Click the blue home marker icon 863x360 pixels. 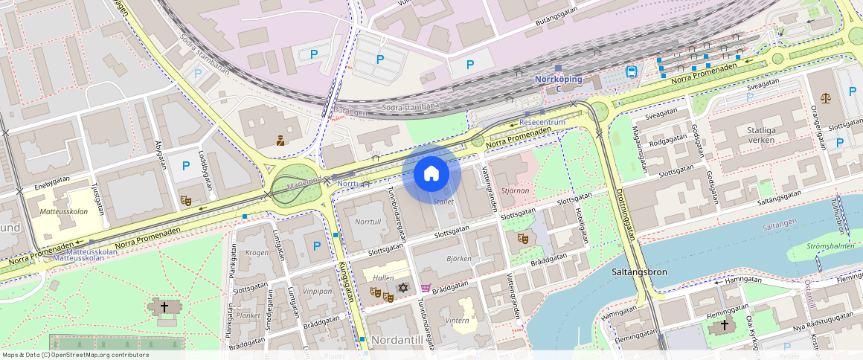[431, 174]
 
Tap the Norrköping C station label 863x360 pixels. [558, 80]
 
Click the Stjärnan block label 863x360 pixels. [515, 190]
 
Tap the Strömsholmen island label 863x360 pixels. [831, 246]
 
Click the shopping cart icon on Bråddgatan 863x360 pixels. [426, 288]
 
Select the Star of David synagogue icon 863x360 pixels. [403, 287]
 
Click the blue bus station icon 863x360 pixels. [631, 71]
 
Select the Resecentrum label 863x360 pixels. [542, 121]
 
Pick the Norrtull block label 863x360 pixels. [368, 222]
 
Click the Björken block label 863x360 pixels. [458, 259]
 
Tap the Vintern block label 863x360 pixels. [457, 321]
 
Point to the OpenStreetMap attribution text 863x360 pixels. [74, 355]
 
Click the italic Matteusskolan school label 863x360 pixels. [65, 211]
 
